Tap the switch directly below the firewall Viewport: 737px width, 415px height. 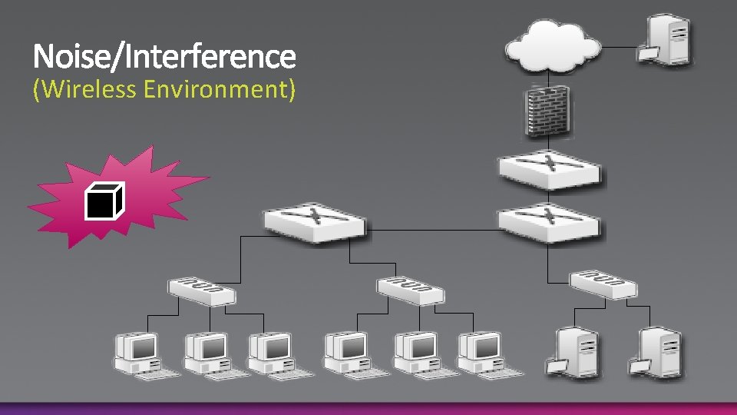(549, 171)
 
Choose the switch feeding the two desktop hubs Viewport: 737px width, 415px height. (314, 221)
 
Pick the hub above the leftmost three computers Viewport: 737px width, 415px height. (202, 289)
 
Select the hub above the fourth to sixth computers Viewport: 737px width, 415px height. (411, 289)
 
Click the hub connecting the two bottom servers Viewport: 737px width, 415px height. (603, 284)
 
